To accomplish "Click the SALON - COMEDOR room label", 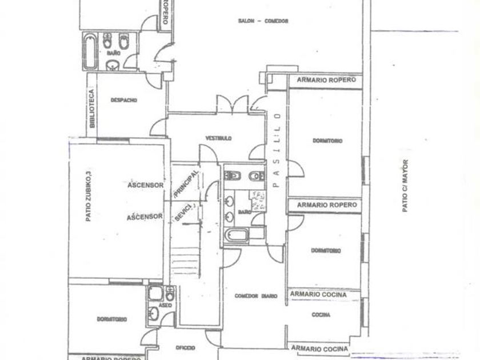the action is (x=263, y=21).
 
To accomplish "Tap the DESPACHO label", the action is (x=123, y=100).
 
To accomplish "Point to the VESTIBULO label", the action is (x=219, y=138).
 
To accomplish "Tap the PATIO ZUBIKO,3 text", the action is (x=89, y=197).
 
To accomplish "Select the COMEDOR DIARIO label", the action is (x=256, y=296).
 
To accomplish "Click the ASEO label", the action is (x=165, y=306).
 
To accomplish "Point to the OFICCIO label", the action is (x=186, y=347).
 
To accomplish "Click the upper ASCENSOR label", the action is (x=146, y=185).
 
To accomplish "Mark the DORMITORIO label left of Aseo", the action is (x=111, y=319).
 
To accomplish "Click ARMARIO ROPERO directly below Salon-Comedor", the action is (x=326, y=80).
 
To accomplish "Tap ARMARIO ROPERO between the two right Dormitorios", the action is (x=326, y=205).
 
